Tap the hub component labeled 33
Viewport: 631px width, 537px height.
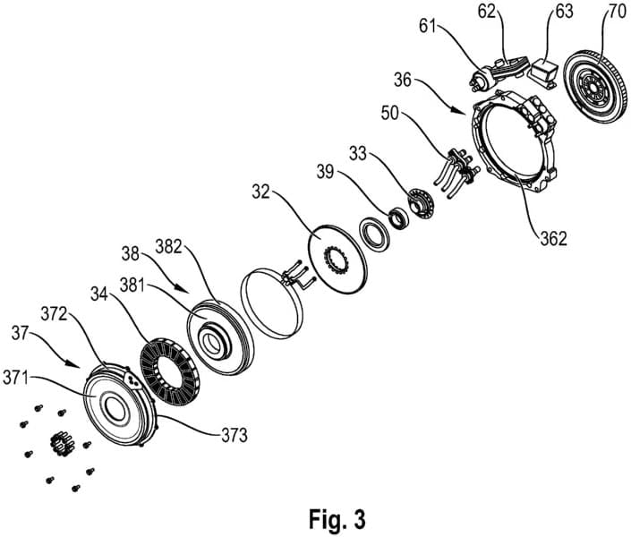tap(419, 203)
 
